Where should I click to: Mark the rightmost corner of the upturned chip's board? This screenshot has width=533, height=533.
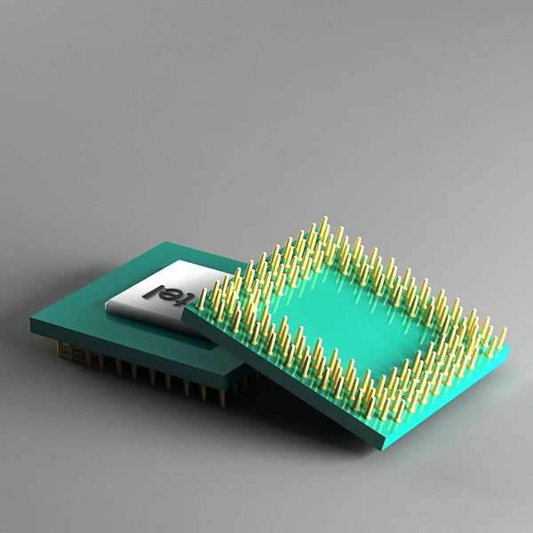[508, 348]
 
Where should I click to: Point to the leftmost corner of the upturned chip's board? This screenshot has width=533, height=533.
[183, 312]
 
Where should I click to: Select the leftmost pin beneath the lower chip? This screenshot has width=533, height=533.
[60, 349]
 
